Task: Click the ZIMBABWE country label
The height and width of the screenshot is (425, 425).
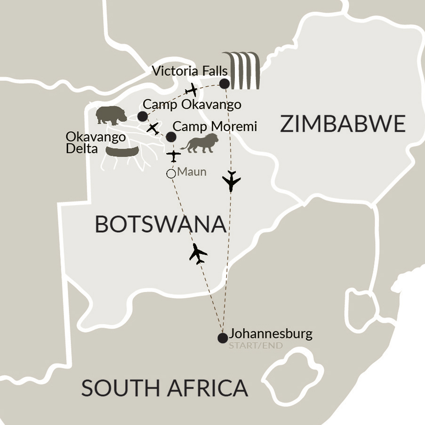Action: click(x=343, y=124)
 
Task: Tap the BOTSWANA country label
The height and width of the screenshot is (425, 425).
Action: click(x=160, y=224)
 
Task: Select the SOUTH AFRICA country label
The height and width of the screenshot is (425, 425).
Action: click(x=164, y=388)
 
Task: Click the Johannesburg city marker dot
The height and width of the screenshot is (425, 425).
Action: click(x=223, y=338)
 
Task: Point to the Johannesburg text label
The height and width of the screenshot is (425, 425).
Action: click(x=271, y=335)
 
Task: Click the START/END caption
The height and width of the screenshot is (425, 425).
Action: click(x=256, y=346)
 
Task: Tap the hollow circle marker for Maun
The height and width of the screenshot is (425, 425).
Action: click(x=171, y=174)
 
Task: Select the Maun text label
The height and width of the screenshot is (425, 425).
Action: click(x=192, y=172)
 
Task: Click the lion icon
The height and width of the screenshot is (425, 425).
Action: click(x=200, y=143)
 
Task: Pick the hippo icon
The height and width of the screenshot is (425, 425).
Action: click(x=111, y=115)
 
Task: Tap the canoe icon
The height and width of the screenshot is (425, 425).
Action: click(x=122, y=151)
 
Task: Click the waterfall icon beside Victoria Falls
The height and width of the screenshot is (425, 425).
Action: click(x=243, y=71)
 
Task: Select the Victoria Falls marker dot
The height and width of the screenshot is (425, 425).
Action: click(x=225, y=84)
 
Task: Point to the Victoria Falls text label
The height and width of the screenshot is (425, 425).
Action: click(x=191, y=72)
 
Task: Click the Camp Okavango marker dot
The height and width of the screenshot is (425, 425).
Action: click(x=142, y=116)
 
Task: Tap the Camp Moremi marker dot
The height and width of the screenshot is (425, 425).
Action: click(x=171, y=137)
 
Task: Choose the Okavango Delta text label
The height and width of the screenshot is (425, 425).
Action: click(x=96, y=143)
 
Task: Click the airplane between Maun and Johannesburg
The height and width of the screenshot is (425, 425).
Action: click(x=198, y=254)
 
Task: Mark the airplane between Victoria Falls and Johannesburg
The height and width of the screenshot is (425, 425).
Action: click(x=231, y=181)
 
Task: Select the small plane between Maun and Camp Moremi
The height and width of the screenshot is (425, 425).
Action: click(x=174, y=155)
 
